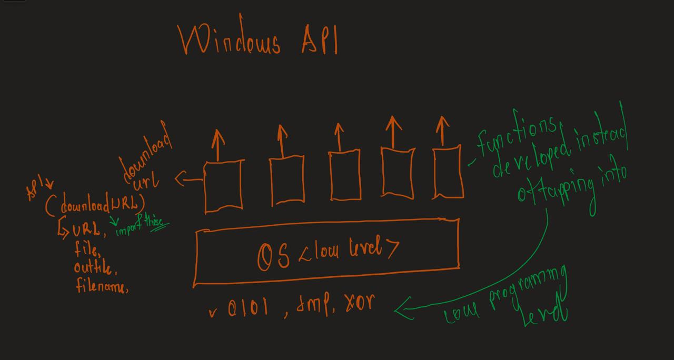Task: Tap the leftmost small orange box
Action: click(224, 185)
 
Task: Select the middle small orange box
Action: click(345, 175)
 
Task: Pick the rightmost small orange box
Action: click(448, 173)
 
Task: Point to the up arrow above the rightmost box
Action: click(442, 132)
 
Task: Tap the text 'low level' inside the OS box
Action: click(350, 249)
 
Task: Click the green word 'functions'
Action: click(516, 132)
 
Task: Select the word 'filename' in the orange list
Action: click(101, 286)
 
